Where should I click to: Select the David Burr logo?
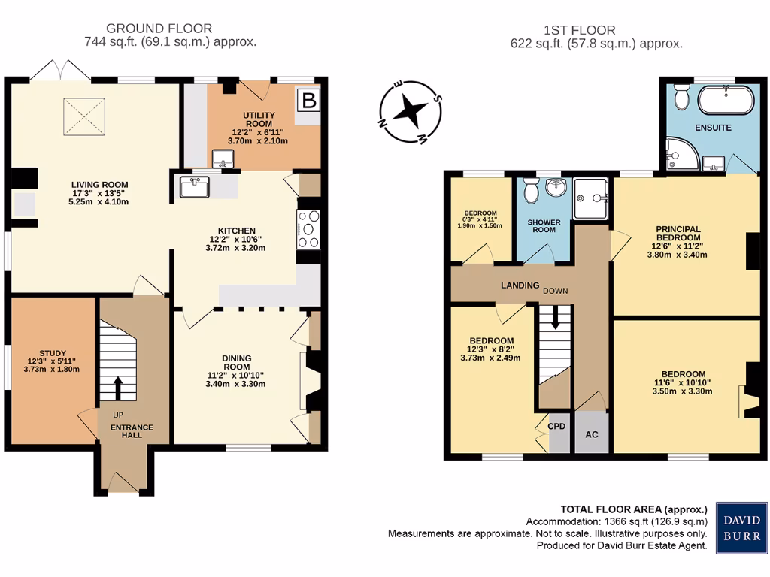click(x=741, y=527)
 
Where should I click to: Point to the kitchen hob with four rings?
click(x=309, y=230)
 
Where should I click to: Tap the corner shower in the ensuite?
click(x=680, y=155)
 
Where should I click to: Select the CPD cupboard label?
click(x=556, y=427)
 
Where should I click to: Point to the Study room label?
click(x=52, y=353)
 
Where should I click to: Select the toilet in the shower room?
click(x=530, y=192)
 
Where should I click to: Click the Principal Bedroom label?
click(x=678, y=234)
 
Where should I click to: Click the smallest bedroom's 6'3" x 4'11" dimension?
click(x=478, y=219)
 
